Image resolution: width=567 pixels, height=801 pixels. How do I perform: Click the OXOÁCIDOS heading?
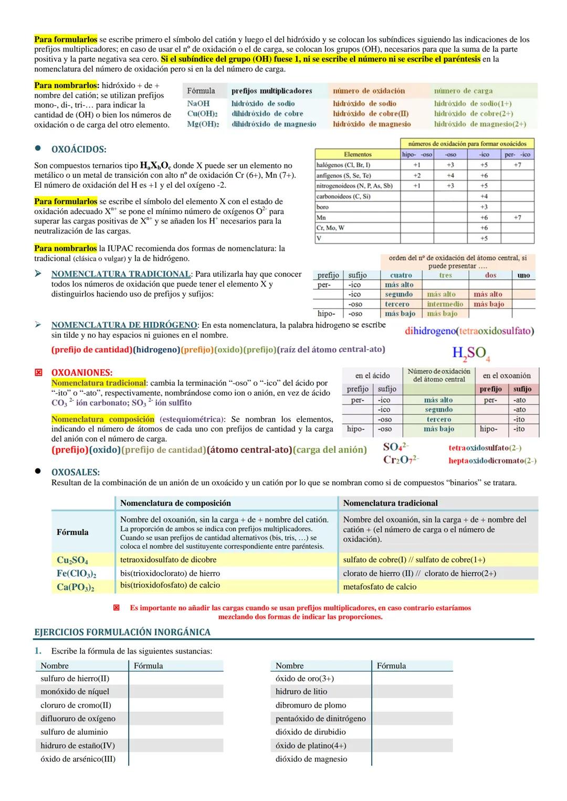(x=79, y=149)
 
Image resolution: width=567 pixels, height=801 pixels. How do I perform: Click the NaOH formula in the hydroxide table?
(x=198, y=104)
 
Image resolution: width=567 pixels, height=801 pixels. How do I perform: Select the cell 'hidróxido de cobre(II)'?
(x=371, y=114)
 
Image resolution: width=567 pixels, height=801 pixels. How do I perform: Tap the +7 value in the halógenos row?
(x=517, y=165)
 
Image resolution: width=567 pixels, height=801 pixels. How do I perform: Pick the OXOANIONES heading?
(x=81, y=372)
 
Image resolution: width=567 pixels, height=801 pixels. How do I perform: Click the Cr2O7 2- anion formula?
(x=401, y=460)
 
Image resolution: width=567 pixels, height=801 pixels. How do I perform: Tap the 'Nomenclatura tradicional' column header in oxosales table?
(x=390, y=503)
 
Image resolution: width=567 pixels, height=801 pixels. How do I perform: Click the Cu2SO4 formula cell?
(x=72, y=560)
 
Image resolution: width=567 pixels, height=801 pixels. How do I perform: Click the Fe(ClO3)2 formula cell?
(x=76, y=573)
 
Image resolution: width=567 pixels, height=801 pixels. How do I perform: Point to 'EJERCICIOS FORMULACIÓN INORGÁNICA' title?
(x=122, y=632)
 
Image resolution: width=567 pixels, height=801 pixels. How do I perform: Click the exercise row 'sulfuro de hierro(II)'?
(x=75, y=678)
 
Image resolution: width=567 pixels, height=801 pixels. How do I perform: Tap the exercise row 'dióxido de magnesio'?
(x=311, y=759)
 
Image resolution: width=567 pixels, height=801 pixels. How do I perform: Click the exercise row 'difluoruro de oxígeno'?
(x=78, y=719)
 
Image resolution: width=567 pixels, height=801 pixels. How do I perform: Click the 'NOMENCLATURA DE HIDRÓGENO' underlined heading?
(x=124, y=325)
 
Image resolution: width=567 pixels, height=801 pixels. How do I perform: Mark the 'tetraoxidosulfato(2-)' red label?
(x=485, y=448)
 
